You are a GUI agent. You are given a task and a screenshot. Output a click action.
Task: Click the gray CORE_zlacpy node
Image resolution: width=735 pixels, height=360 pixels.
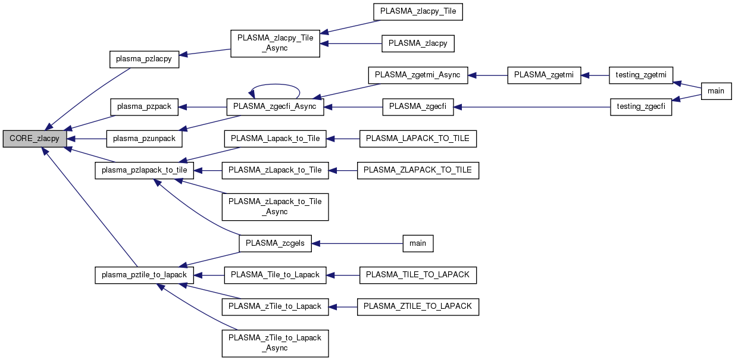click(x=34, y=139)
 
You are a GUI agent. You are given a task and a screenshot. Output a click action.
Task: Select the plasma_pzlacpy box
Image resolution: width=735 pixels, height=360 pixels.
click(x=144, y=59)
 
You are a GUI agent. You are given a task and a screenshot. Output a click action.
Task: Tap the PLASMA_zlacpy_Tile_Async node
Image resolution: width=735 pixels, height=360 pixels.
click(x=275, y=42)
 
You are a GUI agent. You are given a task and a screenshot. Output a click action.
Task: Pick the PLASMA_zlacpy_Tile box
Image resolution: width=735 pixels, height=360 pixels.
click(x=418, y=11)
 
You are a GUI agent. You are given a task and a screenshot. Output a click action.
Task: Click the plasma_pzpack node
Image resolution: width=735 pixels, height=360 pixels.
click(x=144, y=107)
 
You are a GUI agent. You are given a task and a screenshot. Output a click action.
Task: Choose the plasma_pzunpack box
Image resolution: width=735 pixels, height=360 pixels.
click(x=144, y=139)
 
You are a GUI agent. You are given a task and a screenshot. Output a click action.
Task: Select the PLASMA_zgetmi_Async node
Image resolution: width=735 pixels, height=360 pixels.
click(x=418, y=76)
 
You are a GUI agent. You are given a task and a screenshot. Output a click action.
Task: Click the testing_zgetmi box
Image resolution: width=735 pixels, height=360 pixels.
click(x=640, y=76)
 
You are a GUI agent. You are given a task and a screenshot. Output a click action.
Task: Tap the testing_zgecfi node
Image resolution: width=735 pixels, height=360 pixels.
click(x=641, y=107)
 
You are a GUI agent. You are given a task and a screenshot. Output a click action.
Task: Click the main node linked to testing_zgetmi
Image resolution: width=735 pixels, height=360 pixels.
click(x=716, y=91)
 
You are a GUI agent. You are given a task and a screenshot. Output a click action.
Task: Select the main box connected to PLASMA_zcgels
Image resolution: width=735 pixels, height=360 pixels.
click(x=418, y=243)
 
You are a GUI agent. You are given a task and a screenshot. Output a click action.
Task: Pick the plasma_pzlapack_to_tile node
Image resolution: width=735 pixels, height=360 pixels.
click(x=144, y=170)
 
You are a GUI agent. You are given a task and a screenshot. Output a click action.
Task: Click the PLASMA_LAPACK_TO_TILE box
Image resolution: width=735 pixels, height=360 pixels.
click(x=418, y=139)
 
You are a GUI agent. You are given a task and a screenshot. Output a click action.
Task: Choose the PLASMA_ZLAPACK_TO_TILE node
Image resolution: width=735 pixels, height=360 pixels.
click(x=418, y=170)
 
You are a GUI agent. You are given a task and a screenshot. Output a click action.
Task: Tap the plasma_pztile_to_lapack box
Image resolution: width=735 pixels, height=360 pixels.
click(x=144, y=275)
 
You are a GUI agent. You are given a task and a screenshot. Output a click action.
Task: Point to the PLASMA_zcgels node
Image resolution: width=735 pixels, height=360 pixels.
click(x=275, y=243)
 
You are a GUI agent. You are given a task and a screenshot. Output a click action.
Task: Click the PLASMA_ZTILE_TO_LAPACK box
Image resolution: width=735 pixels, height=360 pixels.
click(x=418, y=306)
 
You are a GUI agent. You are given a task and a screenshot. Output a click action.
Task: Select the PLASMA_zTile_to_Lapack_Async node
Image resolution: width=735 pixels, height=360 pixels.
click(x=275, y=343)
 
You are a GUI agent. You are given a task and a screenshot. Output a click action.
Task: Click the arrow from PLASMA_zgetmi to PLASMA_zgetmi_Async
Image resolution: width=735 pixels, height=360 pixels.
click(x=488, y=76)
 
